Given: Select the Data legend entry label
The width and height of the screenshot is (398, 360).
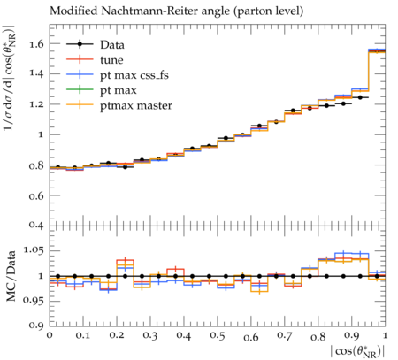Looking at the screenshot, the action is point(112,45).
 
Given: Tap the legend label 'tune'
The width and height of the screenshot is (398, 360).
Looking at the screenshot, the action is point(111,60).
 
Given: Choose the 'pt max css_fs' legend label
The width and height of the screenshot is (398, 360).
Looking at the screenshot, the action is point(134,75).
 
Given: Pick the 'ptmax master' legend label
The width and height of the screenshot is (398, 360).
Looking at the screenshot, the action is point(136,105).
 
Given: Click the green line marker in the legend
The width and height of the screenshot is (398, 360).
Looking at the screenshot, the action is point(80,89).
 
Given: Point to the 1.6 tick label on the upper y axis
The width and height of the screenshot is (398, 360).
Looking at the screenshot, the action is point(36,44).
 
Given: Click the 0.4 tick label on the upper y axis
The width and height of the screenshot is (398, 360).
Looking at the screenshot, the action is point(36,225).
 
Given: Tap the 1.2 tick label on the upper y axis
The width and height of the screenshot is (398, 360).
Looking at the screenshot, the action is point(36,104).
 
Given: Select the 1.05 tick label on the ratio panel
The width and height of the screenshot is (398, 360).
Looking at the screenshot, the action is point(33,250).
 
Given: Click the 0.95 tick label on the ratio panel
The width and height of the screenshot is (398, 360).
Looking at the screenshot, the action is point(33,301).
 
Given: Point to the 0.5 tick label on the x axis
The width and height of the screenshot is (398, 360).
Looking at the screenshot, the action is point(218,336).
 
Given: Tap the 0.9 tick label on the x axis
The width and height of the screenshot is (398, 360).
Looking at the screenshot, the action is point(352,336).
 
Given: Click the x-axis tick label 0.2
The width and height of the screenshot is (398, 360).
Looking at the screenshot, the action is point(117,336).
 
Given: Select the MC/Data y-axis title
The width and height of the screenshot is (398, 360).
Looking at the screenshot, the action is point(11,276).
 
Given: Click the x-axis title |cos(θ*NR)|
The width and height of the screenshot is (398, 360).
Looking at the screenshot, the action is point(357,352).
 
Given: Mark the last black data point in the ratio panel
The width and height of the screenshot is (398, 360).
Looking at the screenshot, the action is point(377,276).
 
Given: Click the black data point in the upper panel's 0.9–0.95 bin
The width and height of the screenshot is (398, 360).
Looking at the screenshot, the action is point(360,97).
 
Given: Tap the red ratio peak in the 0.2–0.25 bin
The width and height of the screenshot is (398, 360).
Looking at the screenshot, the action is point(126,260).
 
